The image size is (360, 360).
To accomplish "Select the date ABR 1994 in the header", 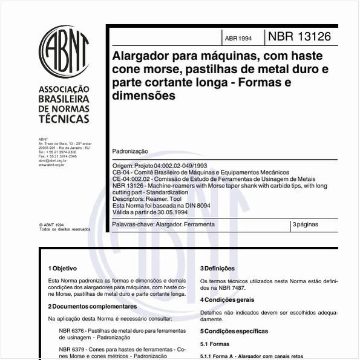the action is (238, 38).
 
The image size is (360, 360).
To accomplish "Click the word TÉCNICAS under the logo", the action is (64, 119).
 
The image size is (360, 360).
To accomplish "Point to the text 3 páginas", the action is (306, 224).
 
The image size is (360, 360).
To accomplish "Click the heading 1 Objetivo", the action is (62, 268).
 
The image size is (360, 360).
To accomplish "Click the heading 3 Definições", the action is (217, 268).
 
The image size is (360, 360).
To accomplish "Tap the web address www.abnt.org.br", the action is (52, 165).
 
